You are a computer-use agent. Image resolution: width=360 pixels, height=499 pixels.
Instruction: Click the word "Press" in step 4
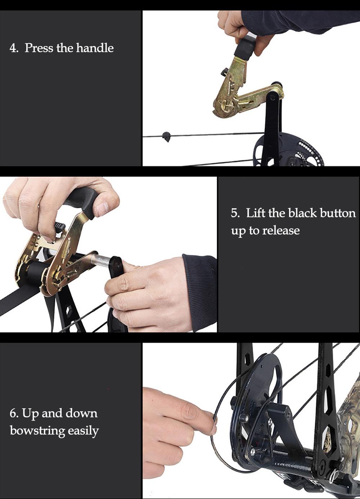point(39,48)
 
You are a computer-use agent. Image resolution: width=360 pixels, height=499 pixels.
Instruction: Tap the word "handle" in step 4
point(95,48)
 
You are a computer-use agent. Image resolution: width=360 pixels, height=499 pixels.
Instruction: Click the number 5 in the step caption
point(235,213)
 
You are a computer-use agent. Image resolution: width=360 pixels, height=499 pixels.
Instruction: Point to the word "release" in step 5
point(281,230)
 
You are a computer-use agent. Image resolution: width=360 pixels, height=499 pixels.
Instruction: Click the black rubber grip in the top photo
point(245,47)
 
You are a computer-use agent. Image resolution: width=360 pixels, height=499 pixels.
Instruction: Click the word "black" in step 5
point(302,213)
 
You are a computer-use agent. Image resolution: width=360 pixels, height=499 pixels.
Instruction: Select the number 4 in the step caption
point(13,48)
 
